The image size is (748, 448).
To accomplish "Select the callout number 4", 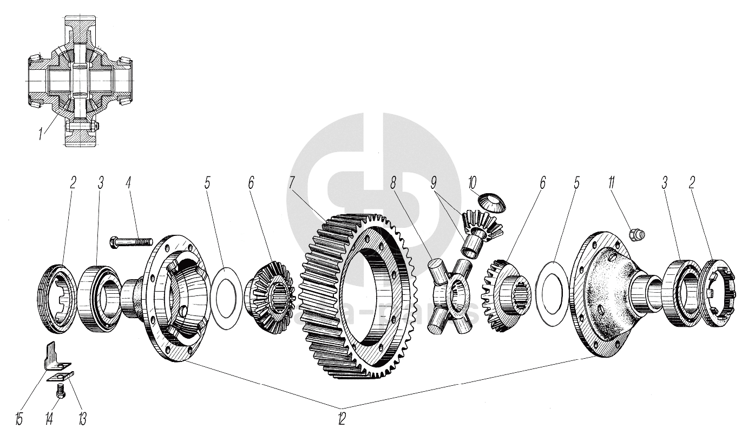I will click(x=128, y=182).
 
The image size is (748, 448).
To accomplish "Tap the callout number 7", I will click(x=292, y=182).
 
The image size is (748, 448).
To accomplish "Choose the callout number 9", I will click(x=434, y=182).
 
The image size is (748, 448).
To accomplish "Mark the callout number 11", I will click(x=612, y=182).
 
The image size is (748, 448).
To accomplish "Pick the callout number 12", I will click(x=341, y=418).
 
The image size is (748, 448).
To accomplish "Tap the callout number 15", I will click(x=19, y=418).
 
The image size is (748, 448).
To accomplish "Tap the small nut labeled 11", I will click(x=637, y=234).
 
